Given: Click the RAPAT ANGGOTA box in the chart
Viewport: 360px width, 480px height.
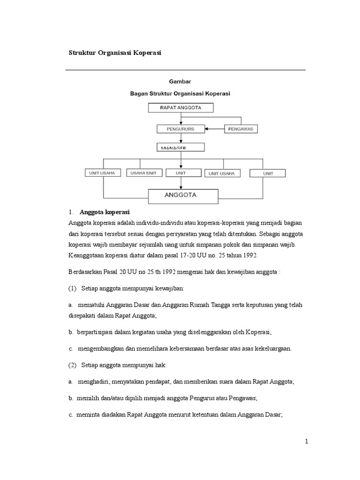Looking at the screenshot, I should pos(180,108).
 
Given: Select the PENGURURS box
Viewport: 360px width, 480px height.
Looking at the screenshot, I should pos(180,128).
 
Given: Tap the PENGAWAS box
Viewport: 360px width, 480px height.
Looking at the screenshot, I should pos(241,128).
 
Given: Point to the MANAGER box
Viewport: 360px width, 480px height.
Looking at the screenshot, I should pos(180,147).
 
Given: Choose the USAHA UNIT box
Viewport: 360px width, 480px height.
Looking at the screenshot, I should pos(143,173).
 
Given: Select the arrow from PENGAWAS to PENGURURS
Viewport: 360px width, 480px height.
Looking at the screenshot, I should pos(216,128).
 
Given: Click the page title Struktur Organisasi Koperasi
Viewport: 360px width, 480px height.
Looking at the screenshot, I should pos(115,53).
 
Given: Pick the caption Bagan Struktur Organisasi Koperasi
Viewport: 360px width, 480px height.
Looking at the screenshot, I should pos(180,93).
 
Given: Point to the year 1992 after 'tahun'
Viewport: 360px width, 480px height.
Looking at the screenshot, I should pos(248,255).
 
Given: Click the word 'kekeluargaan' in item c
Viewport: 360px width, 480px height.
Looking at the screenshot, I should pos(271,348).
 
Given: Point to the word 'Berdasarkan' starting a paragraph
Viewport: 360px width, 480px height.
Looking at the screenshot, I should pos(86,271).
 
